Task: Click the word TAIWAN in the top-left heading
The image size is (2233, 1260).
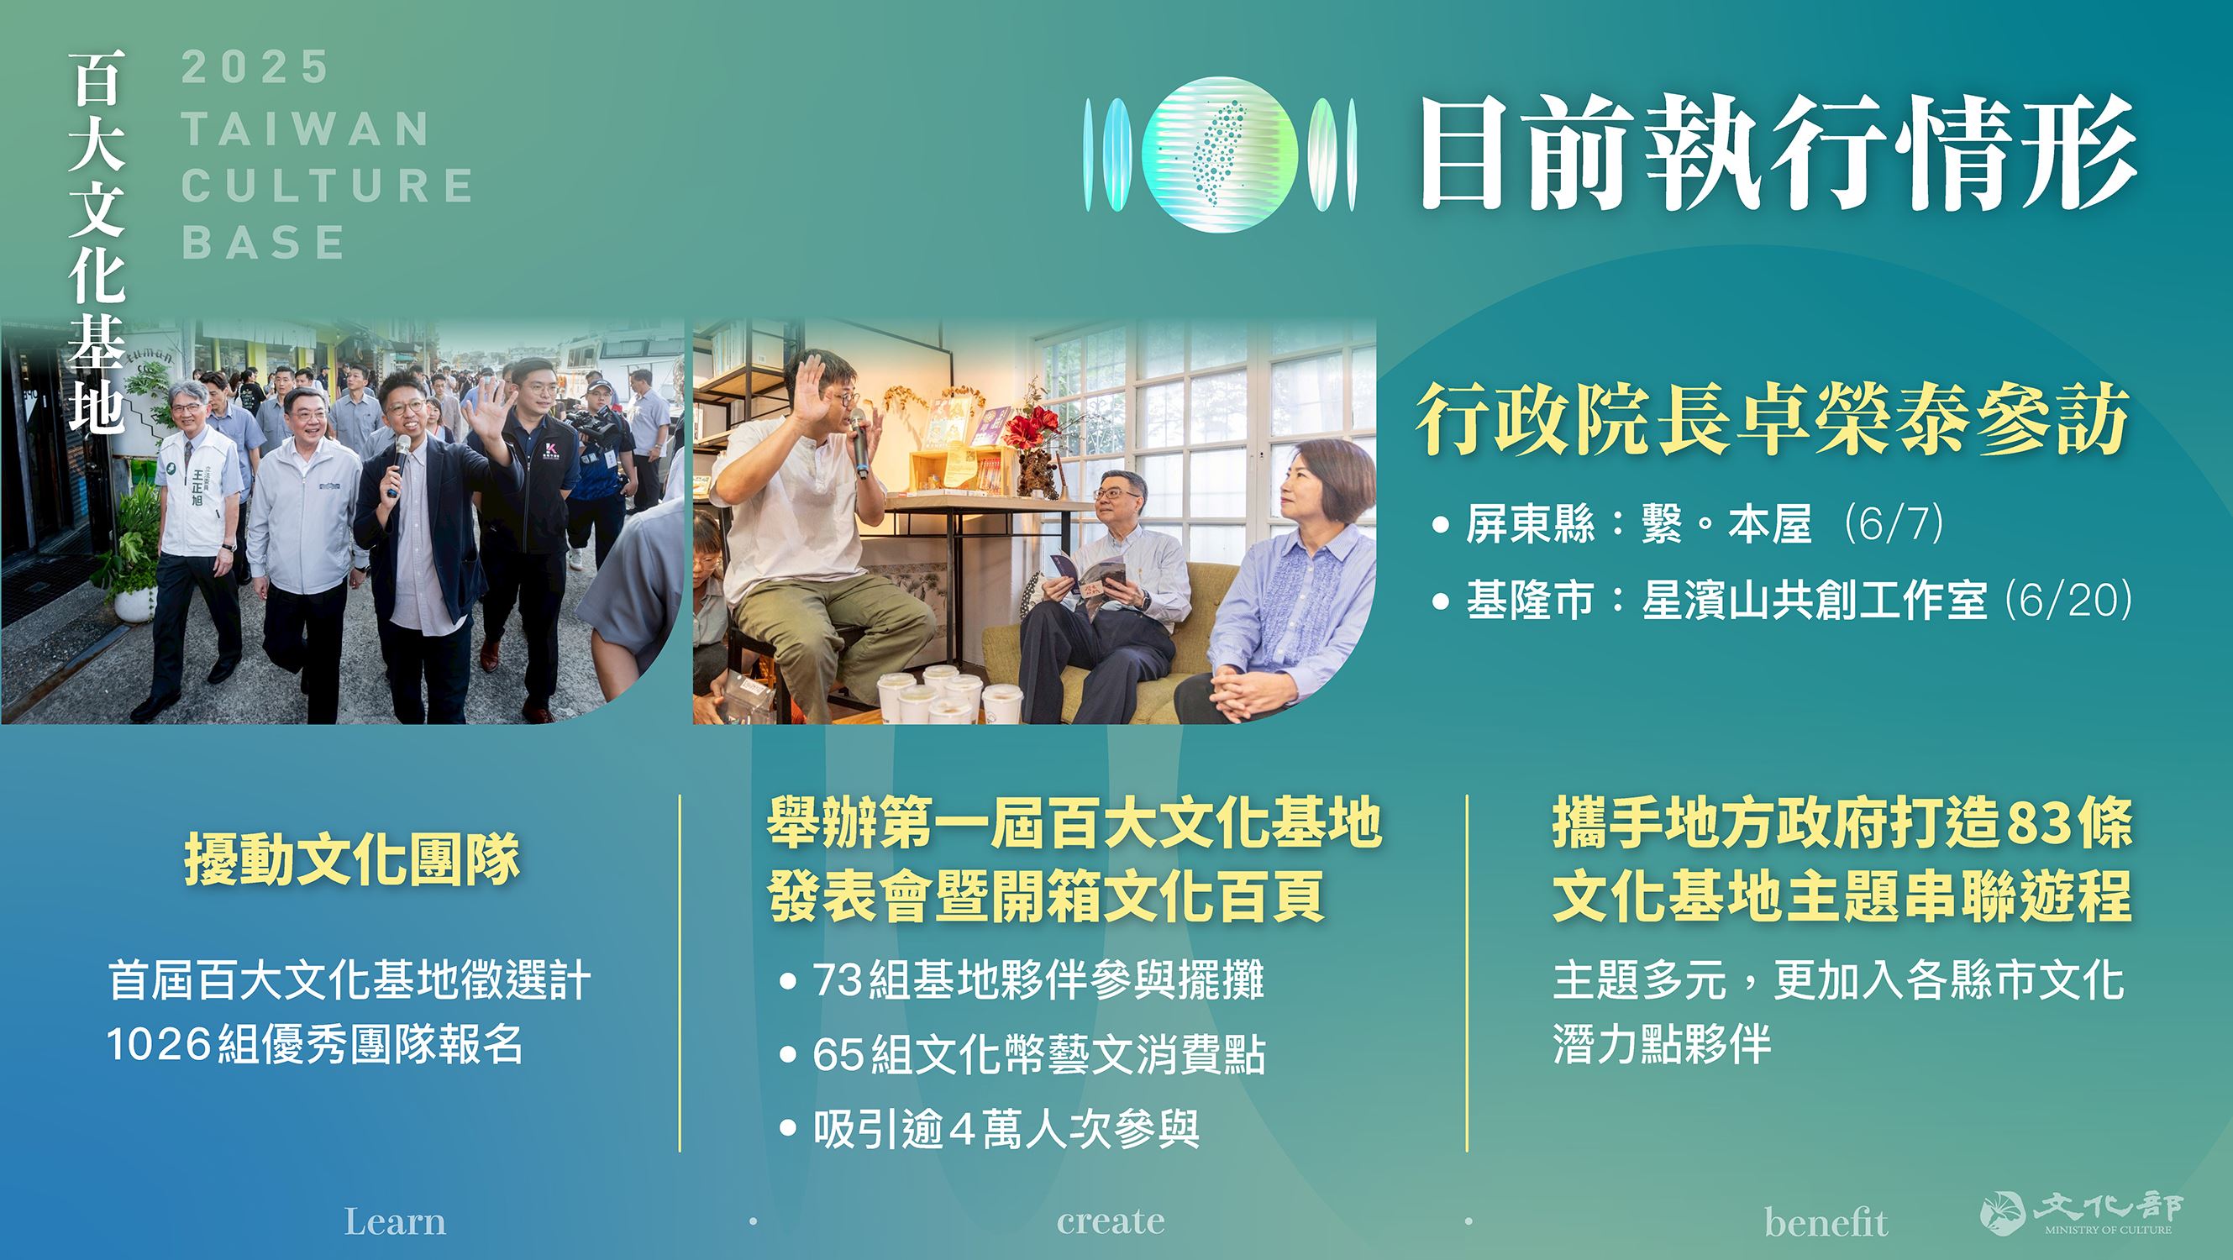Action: coord(306,129)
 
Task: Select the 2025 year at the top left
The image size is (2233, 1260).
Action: coord(255,67)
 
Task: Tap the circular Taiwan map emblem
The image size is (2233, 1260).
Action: coord(1220,155)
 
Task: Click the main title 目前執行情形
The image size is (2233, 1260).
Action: coord(1778,154)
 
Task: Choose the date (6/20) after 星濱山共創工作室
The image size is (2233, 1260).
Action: coord(2068,600)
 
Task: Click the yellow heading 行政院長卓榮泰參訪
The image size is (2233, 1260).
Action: coord(1773,419)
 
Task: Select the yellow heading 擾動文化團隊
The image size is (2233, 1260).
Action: coord(352,859)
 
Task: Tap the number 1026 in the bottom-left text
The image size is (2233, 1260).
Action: coord(159,1044)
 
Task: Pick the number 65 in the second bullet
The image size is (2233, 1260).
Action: coord(838,1055)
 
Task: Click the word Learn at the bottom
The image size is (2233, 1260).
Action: coord(396,1222)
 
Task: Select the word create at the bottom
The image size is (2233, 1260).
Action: coord(1111,1222)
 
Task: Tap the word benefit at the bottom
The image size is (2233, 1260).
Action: coord(1826,1222)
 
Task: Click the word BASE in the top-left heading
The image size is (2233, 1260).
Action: coord(264,242)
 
